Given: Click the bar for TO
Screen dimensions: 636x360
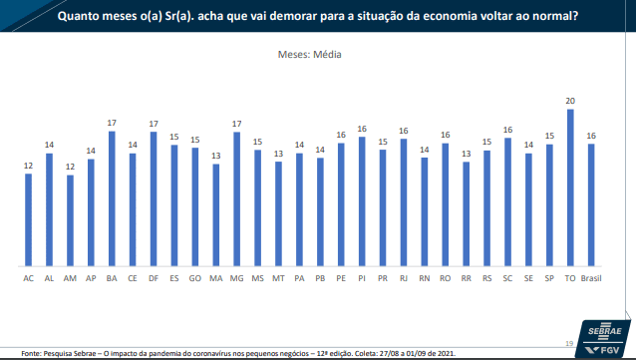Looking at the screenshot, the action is (x=570, y=187).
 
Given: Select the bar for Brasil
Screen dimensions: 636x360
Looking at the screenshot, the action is (x=591, y=205).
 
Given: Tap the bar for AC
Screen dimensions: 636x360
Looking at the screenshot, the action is (x=28, y=220).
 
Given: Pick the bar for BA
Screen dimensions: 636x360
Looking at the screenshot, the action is (x=112, y=198).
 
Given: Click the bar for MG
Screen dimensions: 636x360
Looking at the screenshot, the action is (x=237, y=199).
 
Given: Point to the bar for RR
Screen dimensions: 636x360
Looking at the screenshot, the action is (x=467, y=214).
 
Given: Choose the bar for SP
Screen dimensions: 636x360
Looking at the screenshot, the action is (x=549, y=205).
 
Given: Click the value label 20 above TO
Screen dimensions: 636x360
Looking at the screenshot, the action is (x=570, y=101).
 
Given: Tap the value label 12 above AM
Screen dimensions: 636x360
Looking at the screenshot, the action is (x=70, y=167).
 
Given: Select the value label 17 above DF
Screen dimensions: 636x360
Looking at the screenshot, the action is (x=154, y=124).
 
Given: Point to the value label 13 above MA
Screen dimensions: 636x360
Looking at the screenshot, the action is (x=215, y=156).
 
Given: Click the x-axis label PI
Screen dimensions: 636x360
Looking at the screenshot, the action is (x=362, y=278).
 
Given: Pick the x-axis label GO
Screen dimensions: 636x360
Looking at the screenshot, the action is (x=195, y=278).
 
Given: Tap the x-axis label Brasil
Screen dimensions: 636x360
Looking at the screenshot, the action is (x=591, y=278).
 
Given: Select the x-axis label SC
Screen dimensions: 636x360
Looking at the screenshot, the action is (x=507, y=278).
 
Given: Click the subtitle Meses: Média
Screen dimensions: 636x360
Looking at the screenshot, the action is (x=309, y=55).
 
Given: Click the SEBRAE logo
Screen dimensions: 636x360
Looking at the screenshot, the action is (x=605, y=331).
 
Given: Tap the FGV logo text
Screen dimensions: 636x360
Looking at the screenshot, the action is (x=609, y=350).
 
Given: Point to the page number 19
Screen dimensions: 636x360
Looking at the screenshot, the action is (x=569, y=343).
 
